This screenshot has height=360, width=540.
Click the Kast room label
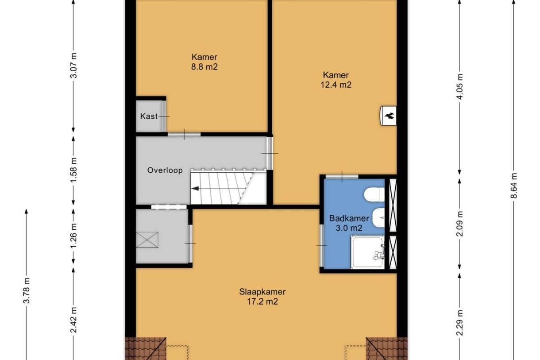coord(149,116)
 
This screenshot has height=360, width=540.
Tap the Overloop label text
coord(165,170)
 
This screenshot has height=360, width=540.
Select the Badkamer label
coord(349,218)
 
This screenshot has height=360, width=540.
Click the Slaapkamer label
coord(262,292)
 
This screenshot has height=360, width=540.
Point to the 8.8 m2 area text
coord(204,67)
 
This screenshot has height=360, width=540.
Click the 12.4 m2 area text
coord(336,85)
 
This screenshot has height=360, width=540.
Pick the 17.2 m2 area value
coord(262,302)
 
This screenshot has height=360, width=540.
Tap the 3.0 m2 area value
coord(349,228)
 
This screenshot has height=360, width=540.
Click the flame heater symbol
coord(388,116)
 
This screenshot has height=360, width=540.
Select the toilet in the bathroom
coord(374,194)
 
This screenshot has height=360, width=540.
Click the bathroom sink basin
coord(378,217)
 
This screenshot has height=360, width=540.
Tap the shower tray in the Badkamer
coord(367,252)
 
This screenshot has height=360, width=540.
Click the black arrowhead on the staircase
coord(195,188)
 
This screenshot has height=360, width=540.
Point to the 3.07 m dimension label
coord(73,66)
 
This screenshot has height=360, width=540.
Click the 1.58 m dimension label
coord(73,170)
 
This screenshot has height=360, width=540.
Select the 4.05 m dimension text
coord(459,86)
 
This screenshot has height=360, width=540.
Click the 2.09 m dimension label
coord(459,224)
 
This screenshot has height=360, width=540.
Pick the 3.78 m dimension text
coord(27,290)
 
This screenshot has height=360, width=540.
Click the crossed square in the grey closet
coord(147,240)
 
